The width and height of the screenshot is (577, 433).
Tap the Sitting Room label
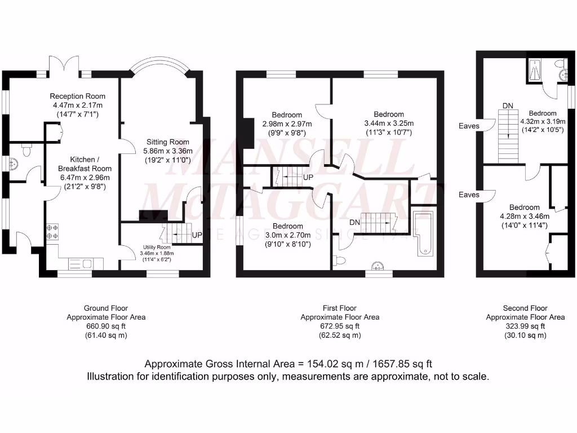pyautogui.click(x=168, y=142)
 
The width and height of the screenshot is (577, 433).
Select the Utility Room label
pyautogui.click(x=156, y=247)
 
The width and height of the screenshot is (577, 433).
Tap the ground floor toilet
pyautogui.click(x=26, y=149)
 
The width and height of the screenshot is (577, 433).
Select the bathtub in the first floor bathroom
pyautogui.click(x=423, y=233)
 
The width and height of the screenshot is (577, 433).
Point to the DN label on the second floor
pyautogui.click(x=508, y=105)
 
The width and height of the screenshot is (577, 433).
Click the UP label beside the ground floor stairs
pyautogui.click(x=197, y=235)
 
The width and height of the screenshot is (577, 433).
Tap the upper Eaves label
pyautogui.click(x=469, y=126)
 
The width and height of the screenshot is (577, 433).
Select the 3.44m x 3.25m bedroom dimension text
pyautogui.click(x=388, y=123)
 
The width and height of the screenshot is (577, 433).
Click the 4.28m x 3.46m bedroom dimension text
pyautogui.click(x=524, y=216)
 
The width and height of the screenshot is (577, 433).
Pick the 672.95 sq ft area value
pyautogui.click(x=340, y=326)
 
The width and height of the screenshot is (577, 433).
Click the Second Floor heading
pyautogui.click(x=525, y=308)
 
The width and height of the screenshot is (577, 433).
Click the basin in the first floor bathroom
pyautogui.click(x=376, y=267)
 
